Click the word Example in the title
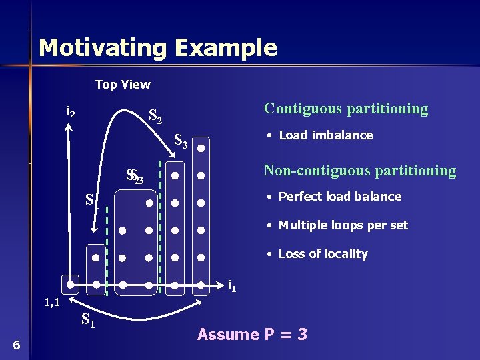pyautogui.click(x=227, y=48)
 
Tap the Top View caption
pyautogui.click(x=123, y=85)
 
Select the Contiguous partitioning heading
pyautogui.click(x=346, y=108)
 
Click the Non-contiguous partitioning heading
pyautogui.click(x=360, y=171)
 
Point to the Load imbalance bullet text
pyautogui.click(x=325, y=135)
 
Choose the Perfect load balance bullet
pyautogui.click(x=339, y=197)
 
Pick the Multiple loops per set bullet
pyautogui.click(x=343, y=225)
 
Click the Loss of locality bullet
pyautogui.click(x=323, y=254)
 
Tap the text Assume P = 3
pyautogui.click(x=252, y=335)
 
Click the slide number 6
pyautogui.click(x=17, y=345)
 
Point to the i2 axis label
pyautogui.click(x=71, y=112)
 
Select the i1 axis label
pyautogui.click(x=231, y=286)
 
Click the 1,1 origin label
pyautogui.click(x=53, y=303)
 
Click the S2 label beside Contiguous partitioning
pyautogui.click(x=155, y=117)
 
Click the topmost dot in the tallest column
pyautogui.click(x=201, y=149)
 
